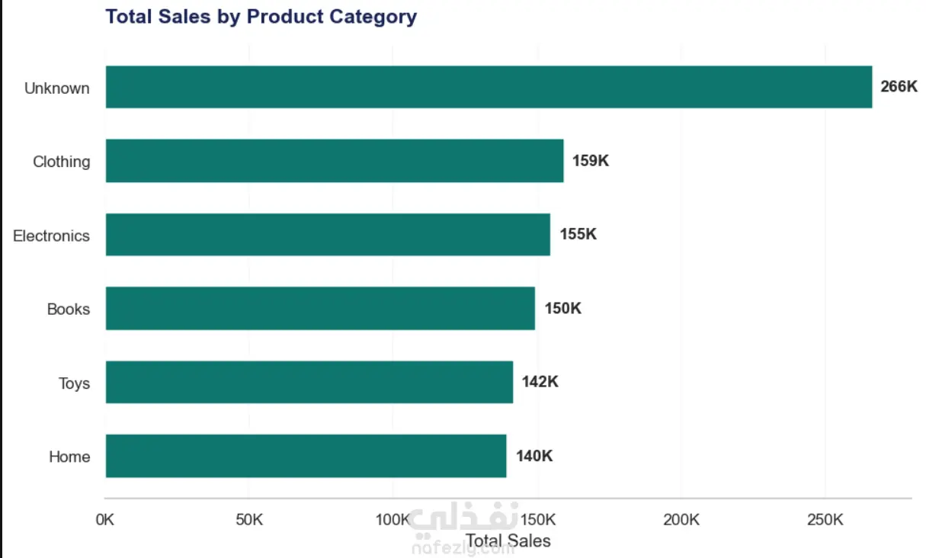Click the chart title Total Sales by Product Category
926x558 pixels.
click(261, 18)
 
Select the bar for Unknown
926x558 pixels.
click(489, 87)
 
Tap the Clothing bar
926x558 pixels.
click(335, 161)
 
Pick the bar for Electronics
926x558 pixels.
click(328, 234)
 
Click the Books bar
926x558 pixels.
click(320, 308)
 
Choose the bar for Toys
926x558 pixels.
click(309, 382)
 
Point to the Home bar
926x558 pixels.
click(306, 456)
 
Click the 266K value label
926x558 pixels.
click(899, 86)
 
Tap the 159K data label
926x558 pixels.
click(591, 160)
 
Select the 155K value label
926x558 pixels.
click(578, 234)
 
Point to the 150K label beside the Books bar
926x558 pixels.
click(562, 308)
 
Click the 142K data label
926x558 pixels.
click(540, 381)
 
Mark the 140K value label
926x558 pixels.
click(534, 456)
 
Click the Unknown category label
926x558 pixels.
click(57, 88)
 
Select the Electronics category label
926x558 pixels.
click(51, 236)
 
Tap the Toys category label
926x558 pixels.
click(74, 383)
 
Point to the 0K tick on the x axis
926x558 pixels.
click(104, 520)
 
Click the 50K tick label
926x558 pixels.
click(249, 520)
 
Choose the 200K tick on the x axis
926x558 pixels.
click(681, 520)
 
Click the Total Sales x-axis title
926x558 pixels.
click(508, 540)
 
